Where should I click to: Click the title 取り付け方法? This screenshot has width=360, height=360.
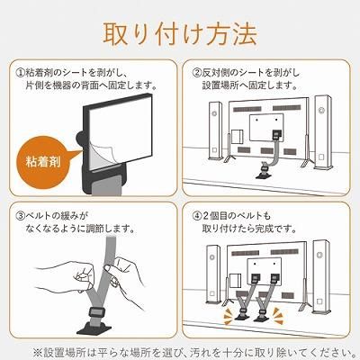point(180,33)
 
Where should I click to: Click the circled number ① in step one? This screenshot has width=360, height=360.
point(21,73)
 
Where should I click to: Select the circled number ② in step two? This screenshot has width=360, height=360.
point(197,73)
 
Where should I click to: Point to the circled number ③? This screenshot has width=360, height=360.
point(21,215)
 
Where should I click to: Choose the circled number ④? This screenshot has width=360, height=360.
point(197,215)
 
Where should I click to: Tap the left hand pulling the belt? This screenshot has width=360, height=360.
point(67,277)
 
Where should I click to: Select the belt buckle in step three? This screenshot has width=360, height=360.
point(95,312)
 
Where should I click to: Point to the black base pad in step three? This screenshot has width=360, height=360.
point(94,328)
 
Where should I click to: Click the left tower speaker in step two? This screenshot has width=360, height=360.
point(215,134)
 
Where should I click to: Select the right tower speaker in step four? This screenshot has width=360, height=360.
point(320,276)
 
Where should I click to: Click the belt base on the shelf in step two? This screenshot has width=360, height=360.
point(263,174)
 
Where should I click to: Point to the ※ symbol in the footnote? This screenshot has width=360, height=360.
point(39,352)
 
